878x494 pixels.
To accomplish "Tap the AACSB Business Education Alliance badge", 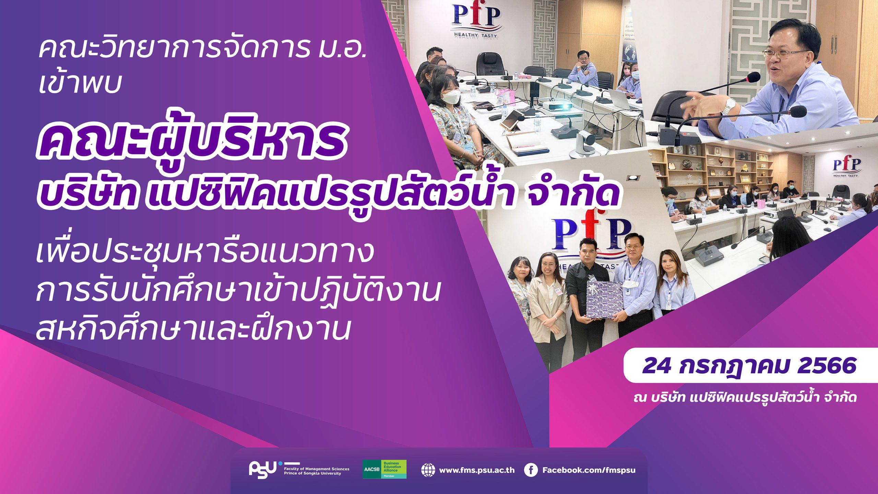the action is click(x=384, y=469).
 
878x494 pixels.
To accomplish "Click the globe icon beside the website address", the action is click(x=428, y=470).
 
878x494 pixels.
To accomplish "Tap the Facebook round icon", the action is click(x=531, y=470).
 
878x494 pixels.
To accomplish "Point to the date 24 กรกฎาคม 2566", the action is click(x=749, y=365).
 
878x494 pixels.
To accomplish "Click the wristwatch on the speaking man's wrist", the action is click(x=728, y=107).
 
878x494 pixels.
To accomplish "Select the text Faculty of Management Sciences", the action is click(x=317, y=469).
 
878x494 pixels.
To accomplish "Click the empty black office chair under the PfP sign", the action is click(x=490, y=64).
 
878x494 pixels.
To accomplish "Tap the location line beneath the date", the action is click(x=745, y=398).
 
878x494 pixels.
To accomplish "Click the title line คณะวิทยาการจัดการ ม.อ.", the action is click(x=202, y=49).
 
